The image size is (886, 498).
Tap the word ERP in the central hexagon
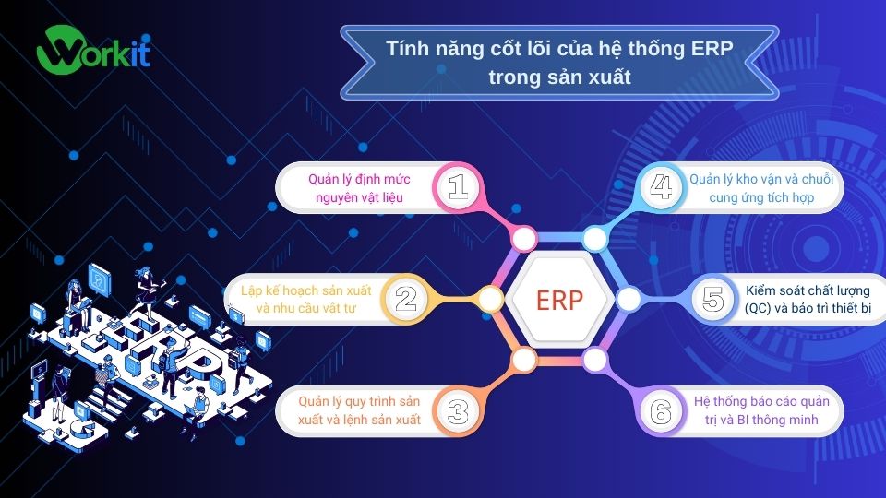click(x=559, y=300)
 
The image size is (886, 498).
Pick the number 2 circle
click(x=406, y=298)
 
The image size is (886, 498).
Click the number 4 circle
click(x=662, y=187)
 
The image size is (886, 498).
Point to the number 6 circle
click(x=661, y=411)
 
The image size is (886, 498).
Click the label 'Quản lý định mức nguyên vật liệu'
click(x=360, y=187)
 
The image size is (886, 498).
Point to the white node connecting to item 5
click(x=629, y=299)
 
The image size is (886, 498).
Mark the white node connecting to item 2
click(x=490, y=299)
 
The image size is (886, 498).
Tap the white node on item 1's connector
click(x=524, y=240)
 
